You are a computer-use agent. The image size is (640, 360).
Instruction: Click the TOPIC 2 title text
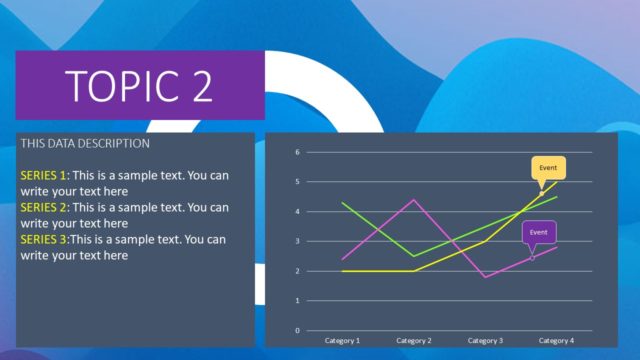tap(139, 86)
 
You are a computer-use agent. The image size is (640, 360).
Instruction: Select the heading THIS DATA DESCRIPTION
tap(85, 144)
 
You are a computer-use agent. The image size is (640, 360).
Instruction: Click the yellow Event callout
tap(548, 168)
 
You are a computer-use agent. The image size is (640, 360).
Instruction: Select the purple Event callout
tap(538, 232)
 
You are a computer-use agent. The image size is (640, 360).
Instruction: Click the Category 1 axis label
tap(343, 341)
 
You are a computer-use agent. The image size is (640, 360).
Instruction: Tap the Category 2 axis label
tap(414, 341)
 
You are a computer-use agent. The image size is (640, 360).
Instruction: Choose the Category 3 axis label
tap(485, 341)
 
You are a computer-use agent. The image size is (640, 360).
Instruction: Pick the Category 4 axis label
tap(556, 341)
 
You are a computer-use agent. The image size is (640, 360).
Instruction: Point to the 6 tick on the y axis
tap(297, 152)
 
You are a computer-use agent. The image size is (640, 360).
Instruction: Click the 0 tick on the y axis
tap(297, 330)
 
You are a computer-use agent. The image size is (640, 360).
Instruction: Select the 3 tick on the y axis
tap(297, 241)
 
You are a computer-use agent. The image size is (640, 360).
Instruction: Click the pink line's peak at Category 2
tap(414, 200)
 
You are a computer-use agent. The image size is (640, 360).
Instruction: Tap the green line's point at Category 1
tap(343, 203)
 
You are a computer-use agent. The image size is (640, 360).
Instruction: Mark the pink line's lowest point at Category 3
tap(485, 277)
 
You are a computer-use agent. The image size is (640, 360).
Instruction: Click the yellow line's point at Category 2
tap(414, 271)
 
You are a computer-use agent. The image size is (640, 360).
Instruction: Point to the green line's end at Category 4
tap(556, 197)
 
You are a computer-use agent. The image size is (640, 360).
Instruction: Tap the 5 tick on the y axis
tap(297, 182)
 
